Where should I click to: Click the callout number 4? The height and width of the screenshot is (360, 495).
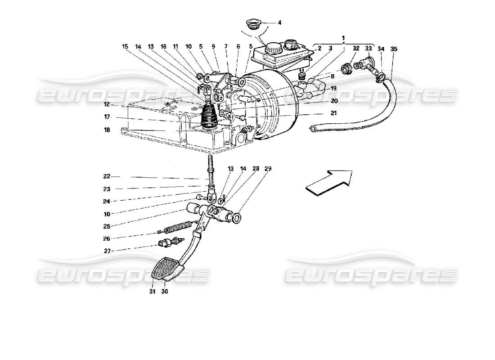click(x=279, y=22)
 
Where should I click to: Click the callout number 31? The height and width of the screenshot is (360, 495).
click(x=153, y=292)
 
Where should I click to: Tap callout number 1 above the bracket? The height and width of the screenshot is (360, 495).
click(x=343, y=37)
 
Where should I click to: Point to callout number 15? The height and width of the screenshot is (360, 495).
click(x=125, y=46)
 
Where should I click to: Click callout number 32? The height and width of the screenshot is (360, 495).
click(x=356, y=48)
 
